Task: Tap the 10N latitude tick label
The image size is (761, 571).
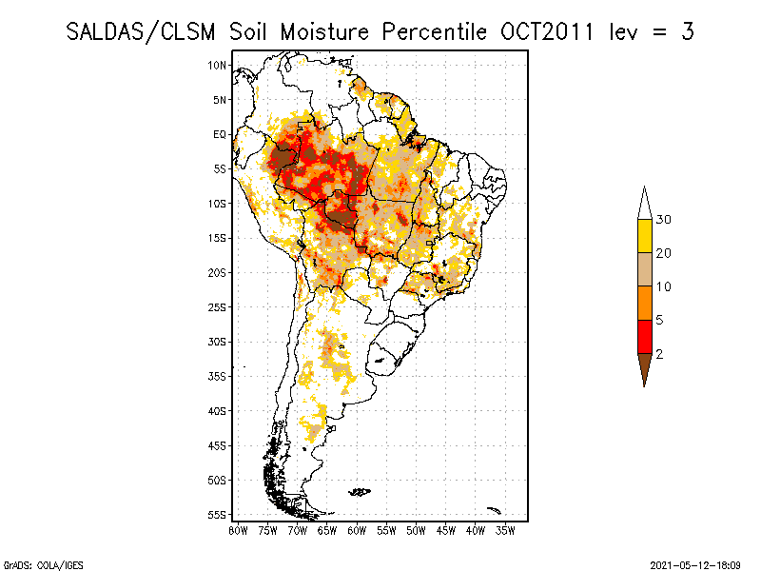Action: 218,65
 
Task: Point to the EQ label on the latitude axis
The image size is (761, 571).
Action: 220,134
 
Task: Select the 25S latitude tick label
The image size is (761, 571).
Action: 218,306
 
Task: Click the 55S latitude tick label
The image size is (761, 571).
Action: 218,514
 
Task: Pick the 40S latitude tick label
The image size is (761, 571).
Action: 218,410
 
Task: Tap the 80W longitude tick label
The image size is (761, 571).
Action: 238,529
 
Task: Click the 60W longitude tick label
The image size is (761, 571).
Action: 357,529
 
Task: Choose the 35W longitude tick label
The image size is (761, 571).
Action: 506,529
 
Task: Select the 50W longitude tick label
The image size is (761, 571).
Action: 417,529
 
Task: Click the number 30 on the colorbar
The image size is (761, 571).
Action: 664,220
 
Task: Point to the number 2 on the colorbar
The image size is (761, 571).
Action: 658,354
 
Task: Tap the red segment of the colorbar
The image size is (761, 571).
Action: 644,336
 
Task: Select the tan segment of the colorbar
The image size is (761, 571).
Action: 644,269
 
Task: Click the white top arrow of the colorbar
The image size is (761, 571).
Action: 644,204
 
